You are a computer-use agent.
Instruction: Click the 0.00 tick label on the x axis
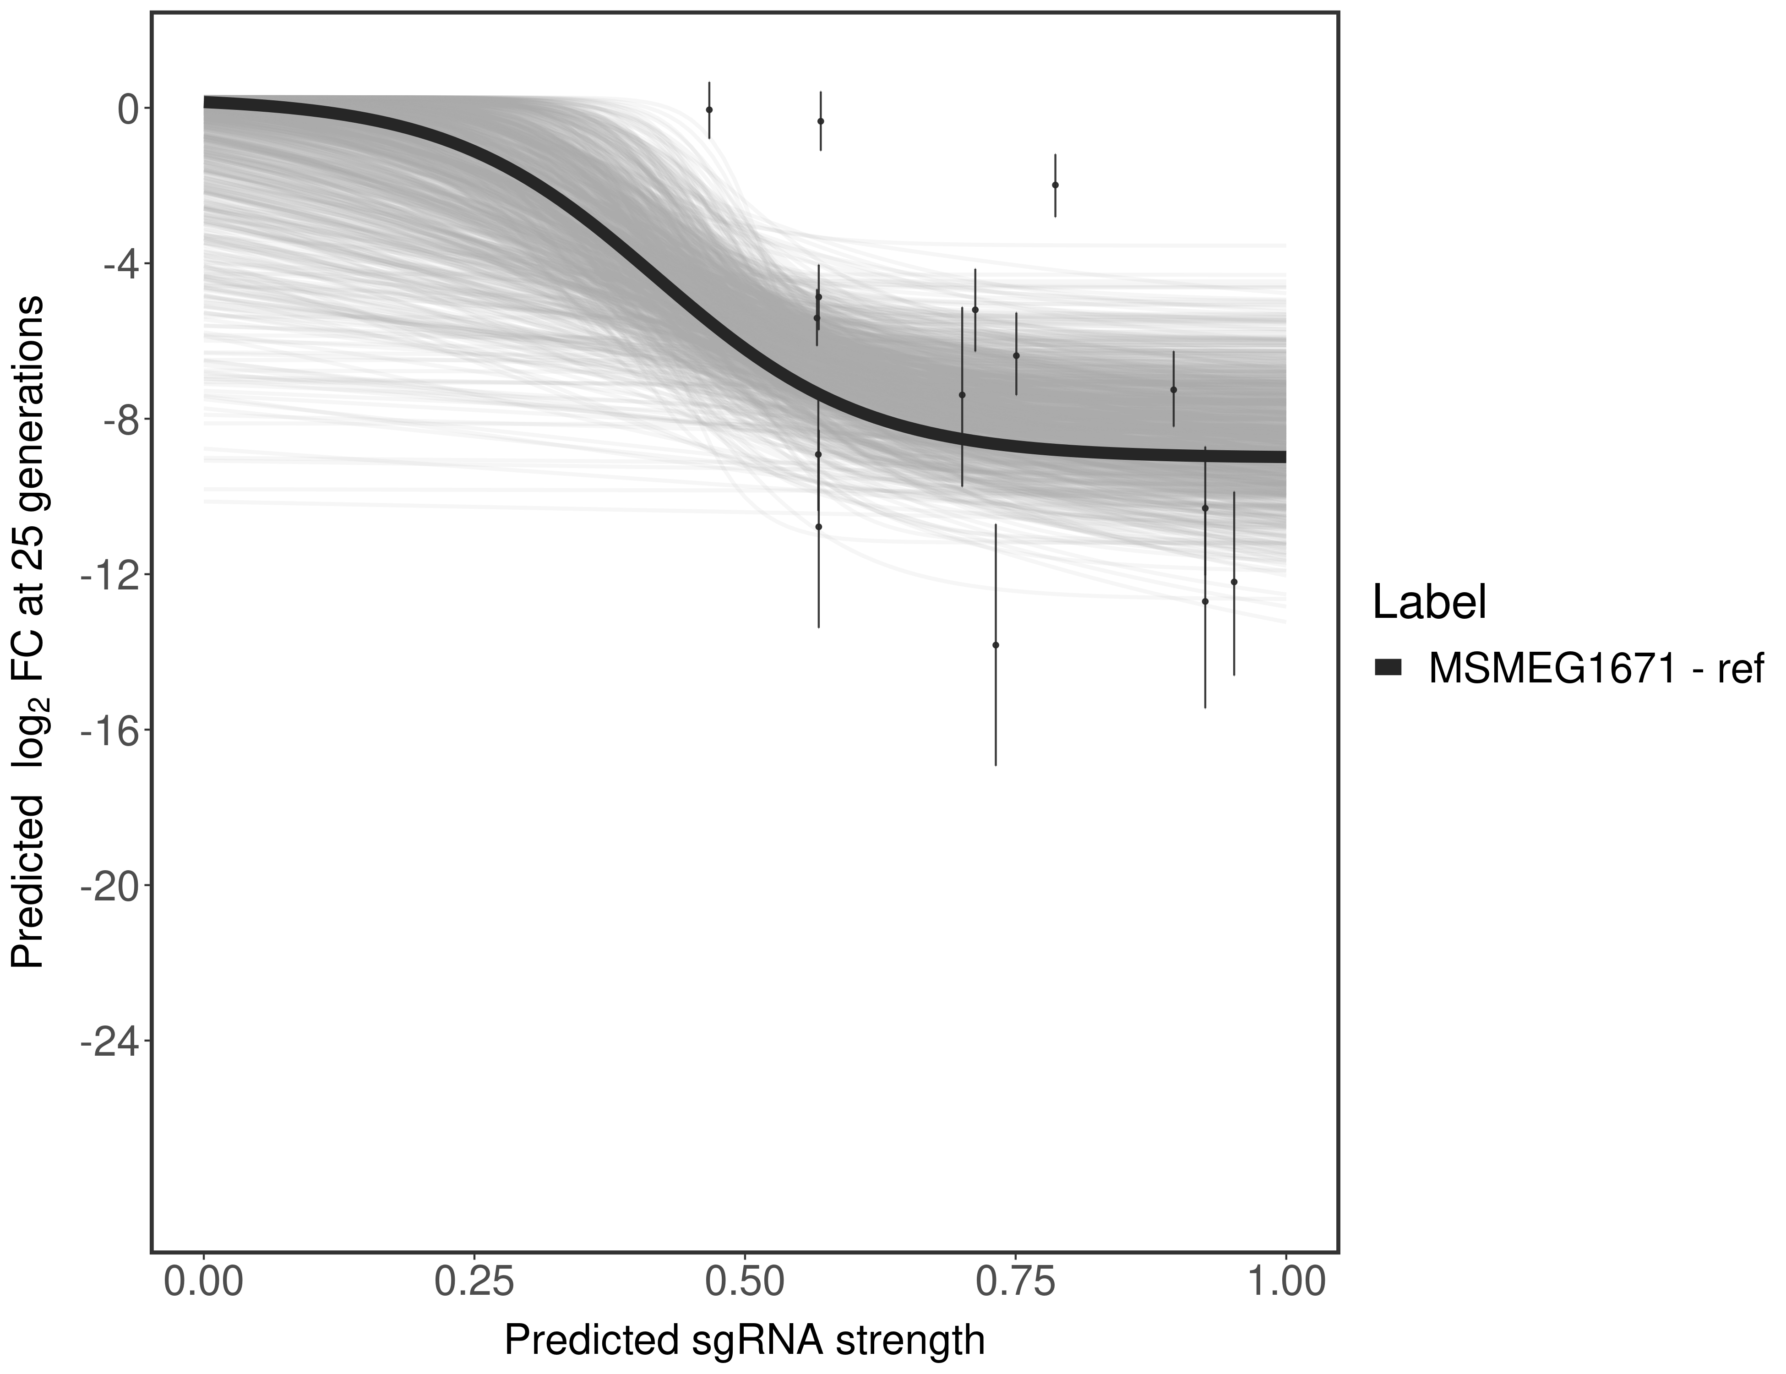pyautogui.click(x=204, y=1280)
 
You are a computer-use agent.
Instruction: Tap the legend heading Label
pyautogui.click(x=1429, y=603)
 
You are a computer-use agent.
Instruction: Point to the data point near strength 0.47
pyautogui.click(x=709, y=109)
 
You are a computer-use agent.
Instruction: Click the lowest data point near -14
pyautogui.click(x=995, y=644)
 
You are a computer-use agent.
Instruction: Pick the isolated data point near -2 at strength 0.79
pyautogui.click(x=1055, y=185)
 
